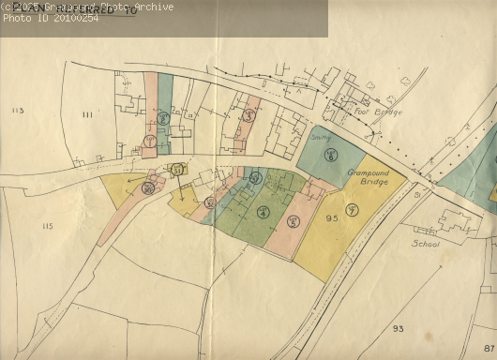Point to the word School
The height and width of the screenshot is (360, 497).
click(425, 242)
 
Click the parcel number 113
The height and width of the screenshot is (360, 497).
click(17, 111)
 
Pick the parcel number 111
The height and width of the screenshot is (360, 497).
click(86, 114)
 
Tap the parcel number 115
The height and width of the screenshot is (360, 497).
click(48, 226)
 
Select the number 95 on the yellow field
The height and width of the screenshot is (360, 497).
click(331, 218)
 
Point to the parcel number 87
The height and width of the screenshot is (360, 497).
click(489, 348)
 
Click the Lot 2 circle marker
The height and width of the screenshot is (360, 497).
click(163, 118)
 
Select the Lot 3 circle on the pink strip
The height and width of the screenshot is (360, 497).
click(248, 114)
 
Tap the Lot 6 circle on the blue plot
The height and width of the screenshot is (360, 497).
click(330, 156)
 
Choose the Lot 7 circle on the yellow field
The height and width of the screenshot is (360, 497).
click(352, 208)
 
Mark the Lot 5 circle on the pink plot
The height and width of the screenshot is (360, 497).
click(293, 221)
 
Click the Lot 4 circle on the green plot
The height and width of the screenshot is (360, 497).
click(263, 212)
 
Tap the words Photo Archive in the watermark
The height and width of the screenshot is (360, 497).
click(141, 7)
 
